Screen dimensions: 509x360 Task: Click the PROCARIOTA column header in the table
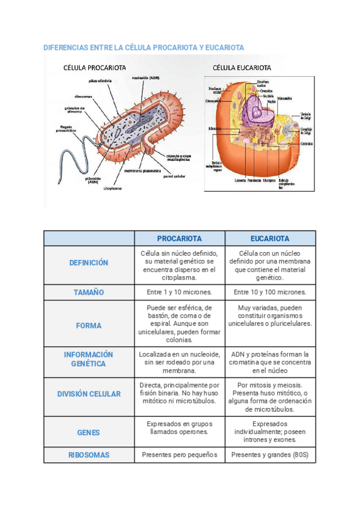[179, 238]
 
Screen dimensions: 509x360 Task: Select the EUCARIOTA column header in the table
[269, 238]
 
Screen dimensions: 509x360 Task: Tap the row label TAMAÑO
[88, 292]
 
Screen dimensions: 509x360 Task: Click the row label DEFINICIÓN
[88, 263]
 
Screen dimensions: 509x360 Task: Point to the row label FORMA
[88, 326]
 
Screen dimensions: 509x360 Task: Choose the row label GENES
[88, 432]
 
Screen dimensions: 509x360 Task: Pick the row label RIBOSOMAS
[88, 455]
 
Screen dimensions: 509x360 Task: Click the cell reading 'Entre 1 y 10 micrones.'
[179, 292]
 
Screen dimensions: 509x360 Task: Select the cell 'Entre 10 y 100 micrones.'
[269, 292]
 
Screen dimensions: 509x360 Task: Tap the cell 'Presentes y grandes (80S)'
[269, 455]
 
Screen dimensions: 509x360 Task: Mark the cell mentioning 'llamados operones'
[179, 428]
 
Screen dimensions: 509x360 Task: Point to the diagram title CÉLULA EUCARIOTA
[241, 68]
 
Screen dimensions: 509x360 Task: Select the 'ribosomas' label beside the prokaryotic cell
[83, 96]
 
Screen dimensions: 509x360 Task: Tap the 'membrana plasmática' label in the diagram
[142, 170]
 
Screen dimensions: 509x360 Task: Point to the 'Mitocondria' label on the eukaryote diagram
[284, 98]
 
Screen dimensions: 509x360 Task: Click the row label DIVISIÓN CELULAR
[88, 394]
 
